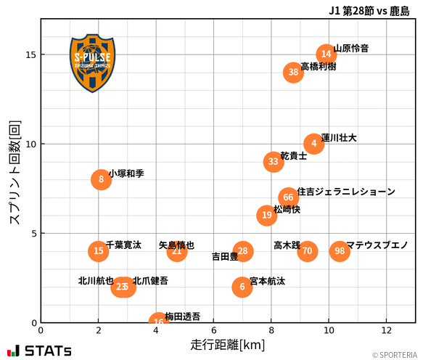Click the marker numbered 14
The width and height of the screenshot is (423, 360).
pos(327,54)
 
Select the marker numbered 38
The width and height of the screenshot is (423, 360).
pos(293,72)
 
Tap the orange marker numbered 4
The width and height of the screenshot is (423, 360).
pos(313,143)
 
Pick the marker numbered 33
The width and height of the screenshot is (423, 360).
pos(273,161)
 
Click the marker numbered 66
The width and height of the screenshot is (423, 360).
pos(289,197)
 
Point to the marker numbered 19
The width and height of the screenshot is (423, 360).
pos(267,215)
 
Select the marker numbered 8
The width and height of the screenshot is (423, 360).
pos(102,179)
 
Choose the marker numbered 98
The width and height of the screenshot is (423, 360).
pos(340,251)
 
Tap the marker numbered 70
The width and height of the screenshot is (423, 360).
pos(308,251)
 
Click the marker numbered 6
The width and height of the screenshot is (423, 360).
pos(242,287)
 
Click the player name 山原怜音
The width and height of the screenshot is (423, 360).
pos(351,49)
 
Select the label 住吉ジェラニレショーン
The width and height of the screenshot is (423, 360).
pos(346,192)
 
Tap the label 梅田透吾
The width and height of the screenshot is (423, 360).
pos(183,316)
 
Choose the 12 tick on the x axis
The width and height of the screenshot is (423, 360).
pos(386,330)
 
